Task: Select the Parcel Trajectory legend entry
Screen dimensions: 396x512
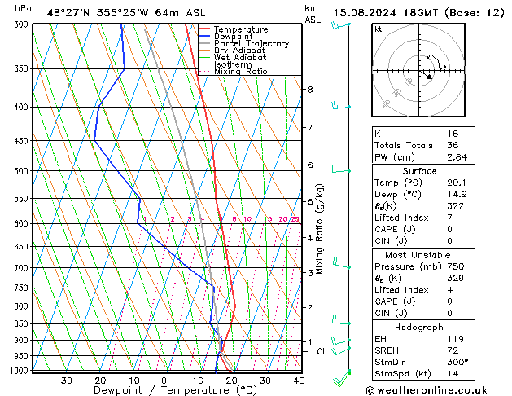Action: point(251,44)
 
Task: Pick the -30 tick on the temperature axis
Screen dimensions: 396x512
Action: point(62,381)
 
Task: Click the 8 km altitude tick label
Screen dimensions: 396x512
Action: point(309,89)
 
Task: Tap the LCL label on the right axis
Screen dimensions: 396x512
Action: point(319,351)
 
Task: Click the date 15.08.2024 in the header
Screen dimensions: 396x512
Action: point(362,11)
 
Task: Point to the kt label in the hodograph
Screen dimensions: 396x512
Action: point(379,29)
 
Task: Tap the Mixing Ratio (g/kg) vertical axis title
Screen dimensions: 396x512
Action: point(321,228)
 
